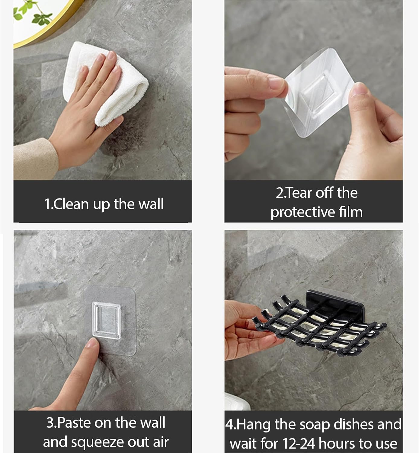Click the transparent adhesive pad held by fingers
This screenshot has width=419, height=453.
pos(318,92)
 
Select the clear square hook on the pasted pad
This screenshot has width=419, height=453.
pos(106,320)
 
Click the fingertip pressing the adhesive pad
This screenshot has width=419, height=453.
pos(92,344)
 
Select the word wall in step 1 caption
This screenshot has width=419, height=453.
pos(151,204)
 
